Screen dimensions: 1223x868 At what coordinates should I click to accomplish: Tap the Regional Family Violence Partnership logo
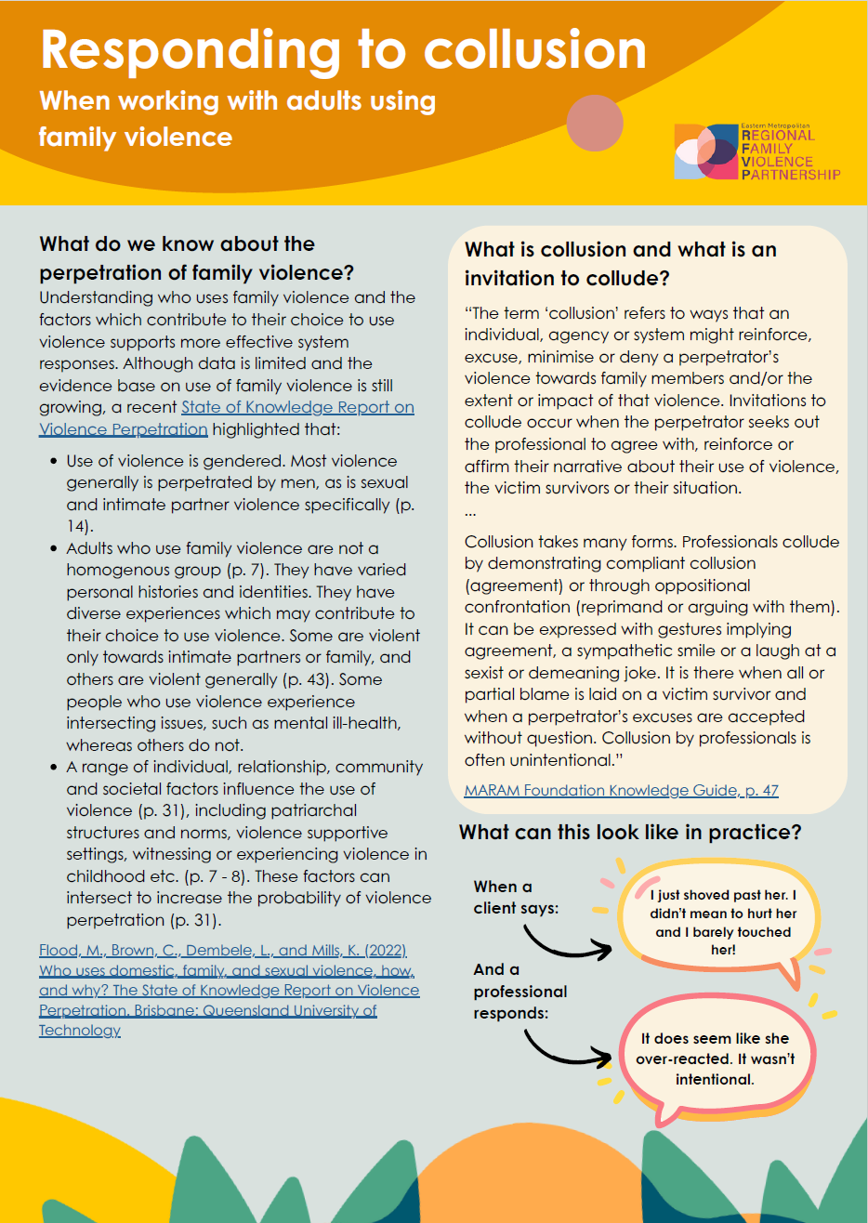click(757, 151)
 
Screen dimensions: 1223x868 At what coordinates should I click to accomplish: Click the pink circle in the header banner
click(594, 123)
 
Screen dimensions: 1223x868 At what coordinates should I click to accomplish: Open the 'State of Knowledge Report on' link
click(297, 407)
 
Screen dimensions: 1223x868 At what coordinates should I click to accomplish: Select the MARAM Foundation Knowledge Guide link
click(621, 791)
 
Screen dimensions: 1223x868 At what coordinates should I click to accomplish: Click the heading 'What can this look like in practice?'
click(630, 832)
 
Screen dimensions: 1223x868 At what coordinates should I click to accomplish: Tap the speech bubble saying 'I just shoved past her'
click(722, 922)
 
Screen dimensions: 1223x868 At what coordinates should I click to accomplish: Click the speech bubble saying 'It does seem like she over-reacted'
click(716, 1059)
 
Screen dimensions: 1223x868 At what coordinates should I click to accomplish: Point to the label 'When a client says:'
click(516, 898)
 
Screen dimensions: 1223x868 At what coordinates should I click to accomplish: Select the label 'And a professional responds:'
click(519, 991)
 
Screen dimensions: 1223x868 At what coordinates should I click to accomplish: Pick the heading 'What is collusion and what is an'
click(620, 250)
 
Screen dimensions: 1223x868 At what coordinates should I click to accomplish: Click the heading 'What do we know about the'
click(177, 244)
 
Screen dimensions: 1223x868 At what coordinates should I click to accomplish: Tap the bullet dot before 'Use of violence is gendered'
click(53, 461)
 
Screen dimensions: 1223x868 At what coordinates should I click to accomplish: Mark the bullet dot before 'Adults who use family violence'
click(53, 548)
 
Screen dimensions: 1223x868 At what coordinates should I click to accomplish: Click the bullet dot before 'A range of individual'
click(53, 767)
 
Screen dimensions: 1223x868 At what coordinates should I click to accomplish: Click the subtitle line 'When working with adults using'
click(237, 100)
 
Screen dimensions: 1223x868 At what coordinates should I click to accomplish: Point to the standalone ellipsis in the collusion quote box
click(470, 512)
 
